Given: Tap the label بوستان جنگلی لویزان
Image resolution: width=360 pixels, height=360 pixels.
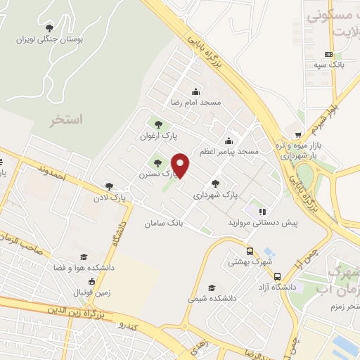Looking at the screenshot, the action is (x=49, y=40).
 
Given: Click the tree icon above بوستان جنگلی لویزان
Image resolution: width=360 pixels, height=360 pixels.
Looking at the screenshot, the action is (x=49, y=27).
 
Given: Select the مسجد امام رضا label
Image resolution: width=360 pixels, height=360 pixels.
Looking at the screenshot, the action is (x=195, y=103).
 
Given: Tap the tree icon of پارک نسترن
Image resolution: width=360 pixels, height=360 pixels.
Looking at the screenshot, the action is (x=157, y=164).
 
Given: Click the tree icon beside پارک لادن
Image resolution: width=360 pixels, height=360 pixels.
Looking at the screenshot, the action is (x=108, y=186).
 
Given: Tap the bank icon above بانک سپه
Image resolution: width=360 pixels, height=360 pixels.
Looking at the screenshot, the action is (x=328, y=54).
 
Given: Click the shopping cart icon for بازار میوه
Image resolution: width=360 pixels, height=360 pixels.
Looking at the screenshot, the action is (x=298, y=135).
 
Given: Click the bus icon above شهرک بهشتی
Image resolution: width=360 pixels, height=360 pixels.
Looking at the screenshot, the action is (x=250, y=251).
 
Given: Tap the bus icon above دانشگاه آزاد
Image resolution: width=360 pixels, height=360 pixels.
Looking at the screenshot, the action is (x=278, y=276).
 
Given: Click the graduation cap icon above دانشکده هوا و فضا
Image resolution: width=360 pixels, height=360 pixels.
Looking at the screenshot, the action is (x=84, y=257).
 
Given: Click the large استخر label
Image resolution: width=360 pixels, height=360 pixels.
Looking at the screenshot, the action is (x=66, y=120).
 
